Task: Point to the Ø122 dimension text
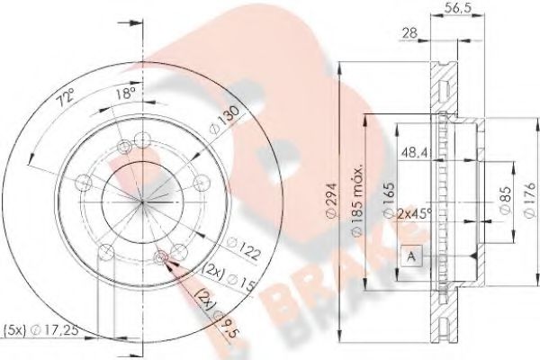point(246,243)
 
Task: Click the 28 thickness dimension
point(410,33)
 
